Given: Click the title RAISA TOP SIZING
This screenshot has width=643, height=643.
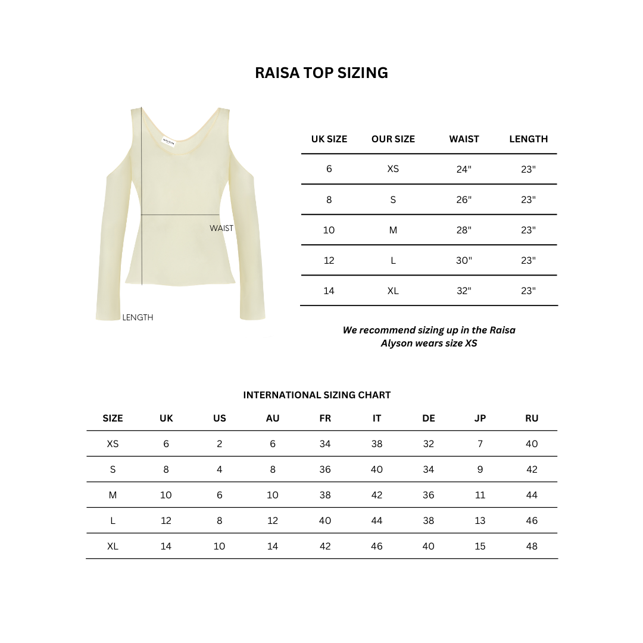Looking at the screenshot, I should click(321, 73).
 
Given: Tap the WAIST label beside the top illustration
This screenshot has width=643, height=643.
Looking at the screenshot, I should click(221, 228).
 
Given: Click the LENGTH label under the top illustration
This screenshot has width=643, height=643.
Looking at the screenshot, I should click(138, 318).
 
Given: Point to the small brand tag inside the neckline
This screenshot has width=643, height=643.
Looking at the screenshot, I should click(169, 138).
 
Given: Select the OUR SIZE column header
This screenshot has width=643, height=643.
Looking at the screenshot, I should click(393, 139).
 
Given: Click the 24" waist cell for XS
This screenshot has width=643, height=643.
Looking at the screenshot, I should click(464, 169).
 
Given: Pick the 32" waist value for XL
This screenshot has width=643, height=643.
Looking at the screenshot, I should click(464, 291).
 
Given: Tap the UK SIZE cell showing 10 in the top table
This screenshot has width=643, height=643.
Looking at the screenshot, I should click(329, 230).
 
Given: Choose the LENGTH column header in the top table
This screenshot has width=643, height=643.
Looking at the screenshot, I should click(528, 139).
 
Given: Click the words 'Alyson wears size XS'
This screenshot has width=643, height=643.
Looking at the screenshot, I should click(429, 343).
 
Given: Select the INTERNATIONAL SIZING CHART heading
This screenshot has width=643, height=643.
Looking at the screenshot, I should click(317, 395).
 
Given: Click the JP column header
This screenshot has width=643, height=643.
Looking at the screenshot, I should click(480, 418).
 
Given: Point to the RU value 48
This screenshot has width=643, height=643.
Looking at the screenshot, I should click(532, 546).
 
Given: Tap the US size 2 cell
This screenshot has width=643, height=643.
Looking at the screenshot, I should click(220, 444).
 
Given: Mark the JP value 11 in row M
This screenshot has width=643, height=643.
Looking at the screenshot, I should click(480, 495).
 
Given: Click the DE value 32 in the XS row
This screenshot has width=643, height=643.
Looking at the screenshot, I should click(429, 444).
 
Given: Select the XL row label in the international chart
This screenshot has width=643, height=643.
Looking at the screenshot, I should click(113, 546).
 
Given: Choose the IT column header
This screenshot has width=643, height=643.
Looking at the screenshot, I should click(377, 418).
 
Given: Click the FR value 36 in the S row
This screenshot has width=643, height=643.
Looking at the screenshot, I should click(325, 469).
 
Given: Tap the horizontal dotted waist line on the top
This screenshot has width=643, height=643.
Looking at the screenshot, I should click(180, 214).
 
